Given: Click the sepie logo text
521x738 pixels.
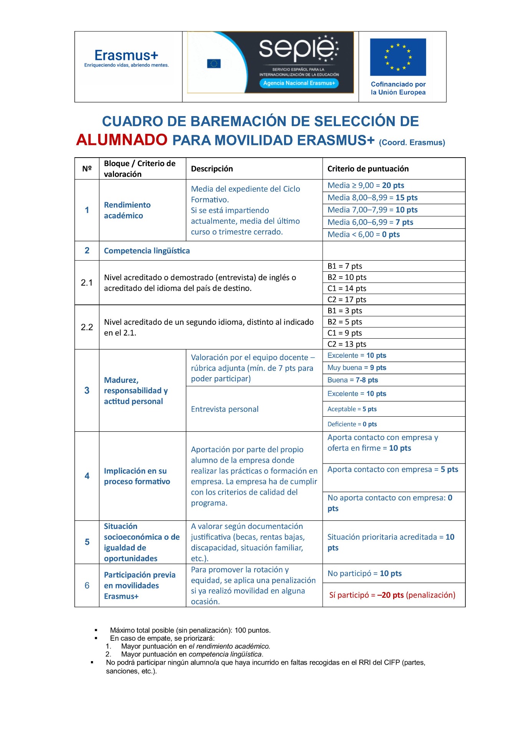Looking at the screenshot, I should [297, 50].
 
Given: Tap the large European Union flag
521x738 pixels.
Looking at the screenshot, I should [398, 57].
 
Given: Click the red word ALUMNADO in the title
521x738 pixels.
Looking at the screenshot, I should [122, 140].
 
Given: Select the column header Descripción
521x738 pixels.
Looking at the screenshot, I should [212, 169].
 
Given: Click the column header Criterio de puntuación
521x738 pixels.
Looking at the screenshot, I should [368, 169].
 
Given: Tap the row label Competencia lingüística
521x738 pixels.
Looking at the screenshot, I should [147, 251].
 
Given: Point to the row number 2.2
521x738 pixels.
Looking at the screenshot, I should [87, 327].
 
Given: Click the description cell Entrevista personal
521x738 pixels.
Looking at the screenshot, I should [225, 409].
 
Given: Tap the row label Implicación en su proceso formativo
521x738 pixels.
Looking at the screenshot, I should [137, 476].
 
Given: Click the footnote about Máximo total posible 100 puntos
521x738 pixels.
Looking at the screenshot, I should [190, 630].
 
